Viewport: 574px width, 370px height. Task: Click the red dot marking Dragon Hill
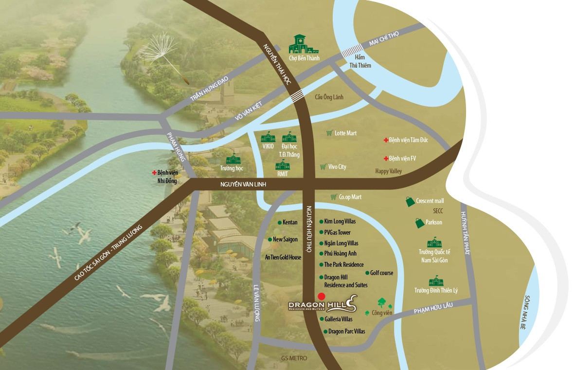321,296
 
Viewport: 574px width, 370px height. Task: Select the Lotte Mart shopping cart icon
329,133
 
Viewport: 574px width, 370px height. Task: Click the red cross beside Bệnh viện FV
385,159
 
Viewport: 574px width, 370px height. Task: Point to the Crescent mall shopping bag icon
410,201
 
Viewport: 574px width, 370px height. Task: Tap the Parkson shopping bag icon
419,222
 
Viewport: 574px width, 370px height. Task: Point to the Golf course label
381,273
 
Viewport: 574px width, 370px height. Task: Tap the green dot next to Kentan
279,222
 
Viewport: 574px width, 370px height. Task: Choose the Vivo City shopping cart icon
323,167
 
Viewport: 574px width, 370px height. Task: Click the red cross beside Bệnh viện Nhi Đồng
154,172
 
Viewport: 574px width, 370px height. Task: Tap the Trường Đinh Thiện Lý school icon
435,281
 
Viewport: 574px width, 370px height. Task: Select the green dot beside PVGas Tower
321,233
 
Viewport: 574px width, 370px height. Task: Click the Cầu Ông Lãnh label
329,97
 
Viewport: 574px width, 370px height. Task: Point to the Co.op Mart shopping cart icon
334,197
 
